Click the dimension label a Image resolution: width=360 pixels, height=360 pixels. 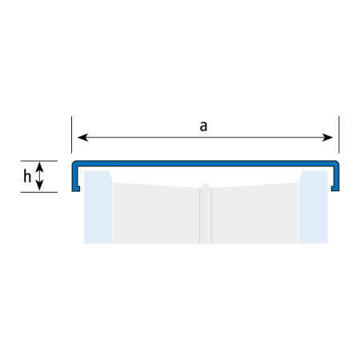point(203,126)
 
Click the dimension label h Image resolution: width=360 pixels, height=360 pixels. point(27,176)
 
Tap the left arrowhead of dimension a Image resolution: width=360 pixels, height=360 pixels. point(82,138)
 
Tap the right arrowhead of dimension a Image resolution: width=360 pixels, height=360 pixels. point(327,138)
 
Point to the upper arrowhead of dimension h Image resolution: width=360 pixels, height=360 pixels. point(39,166)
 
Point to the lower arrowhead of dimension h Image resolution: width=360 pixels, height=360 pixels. point(39,186)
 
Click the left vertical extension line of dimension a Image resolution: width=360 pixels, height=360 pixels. point(71,134)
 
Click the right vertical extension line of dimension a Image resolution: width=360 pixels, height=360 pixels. point(339,134)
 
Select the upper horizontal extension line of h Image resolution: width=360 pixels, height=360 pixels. point(39,161)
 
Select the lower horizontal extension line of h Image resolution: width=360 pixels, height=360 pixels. point(39,192)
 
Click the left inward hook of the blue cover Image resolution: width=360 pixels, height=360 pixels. point(76,189)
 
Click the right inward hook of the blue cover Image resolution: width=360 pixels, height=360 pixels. point(335,189)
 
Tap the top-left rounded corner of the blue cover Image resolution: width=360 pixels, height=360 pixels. point(74,162)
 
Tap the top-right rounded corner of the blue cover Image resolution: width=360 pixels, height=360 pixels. point(337,162)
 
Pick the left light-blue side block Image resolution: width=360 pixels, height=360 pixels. point(98,207)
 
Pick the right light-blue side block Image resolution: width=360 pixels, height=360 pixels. point(313,207)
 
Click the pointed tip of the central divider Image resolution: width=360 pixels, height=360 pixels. point(206,183)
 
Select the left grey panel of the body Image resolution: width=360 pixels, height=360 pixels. point(156,214)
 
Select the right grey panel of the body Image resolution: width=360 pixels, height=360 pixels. point(255,214)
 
